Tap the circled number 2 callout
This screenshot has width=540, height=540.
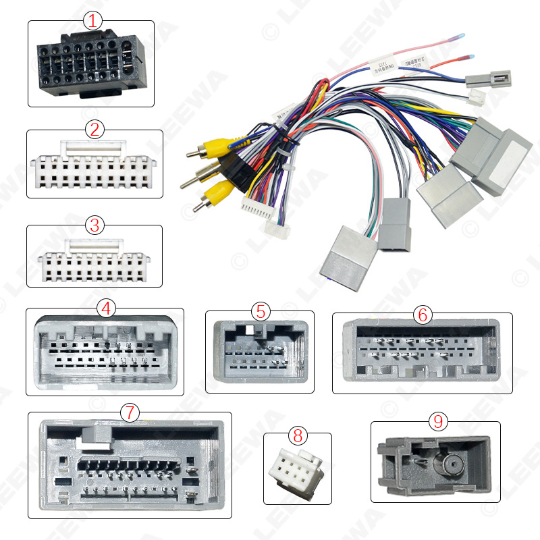94,129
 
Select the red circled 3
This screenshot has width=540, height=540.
94,225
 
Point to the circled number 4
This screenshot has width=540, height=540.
105,308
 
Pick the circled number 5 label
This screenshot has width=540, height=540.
261,311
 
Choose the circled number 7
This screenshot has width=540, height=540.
129,412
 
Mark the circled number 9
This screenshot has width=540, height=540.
438,422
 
